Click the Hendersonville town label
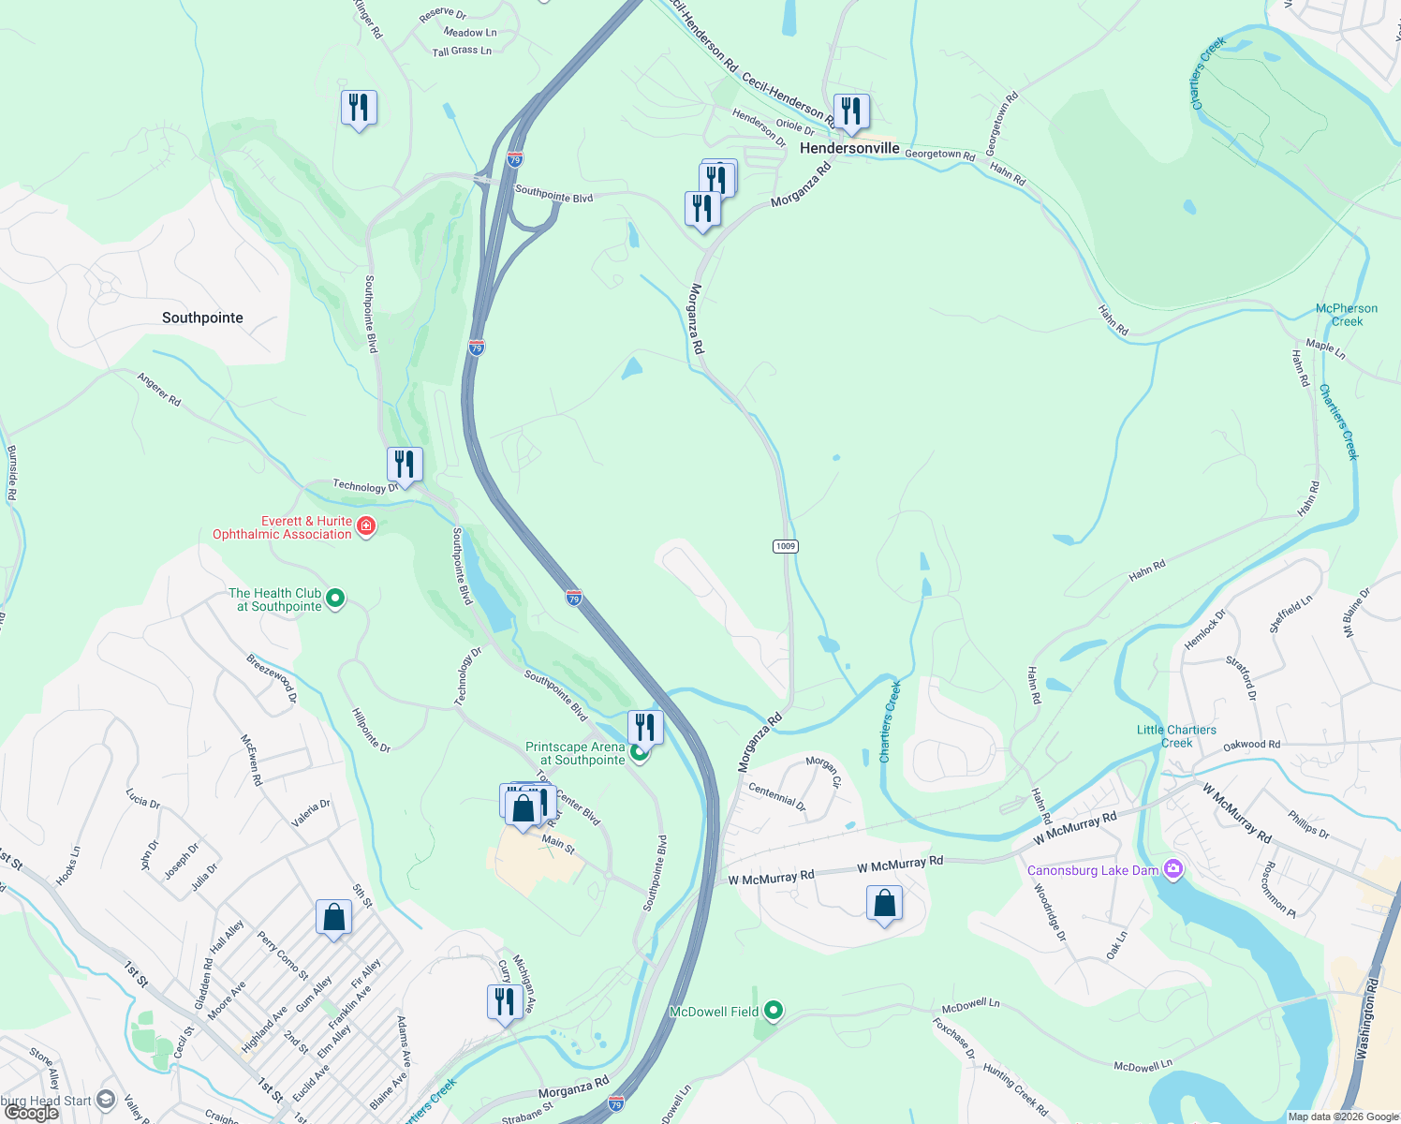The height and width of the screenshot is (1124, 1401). click(x=849, y=148)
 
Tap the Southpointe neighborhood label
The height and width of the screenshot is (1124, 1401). click(x=202, y=318)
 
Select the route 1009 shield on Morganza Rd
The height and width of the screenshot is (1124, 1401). click(x=786, y=546)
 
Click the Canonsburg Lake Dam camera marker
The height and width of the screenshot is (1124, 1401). click(x=1173, y=870)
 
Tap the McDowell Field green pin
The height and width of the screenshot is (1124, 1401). click(x=774, y=1011)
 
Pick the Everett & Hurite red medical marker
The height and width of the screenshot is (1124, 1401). click(x=366, y=526)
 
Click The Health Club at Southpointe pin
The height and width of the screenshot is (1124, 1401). click(x=335, y=599)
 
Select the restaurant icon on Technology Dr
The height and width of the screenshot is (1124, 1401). click(x=405, y=464)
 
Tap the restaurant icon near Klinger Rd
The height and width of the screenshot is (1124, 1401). click(x=359, y=108)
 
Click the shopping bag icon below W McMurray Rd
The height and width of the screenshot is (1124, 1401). click(x=885, y=903)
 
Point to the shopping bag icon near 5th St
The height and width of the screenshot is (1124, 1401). click(x=333, y=917)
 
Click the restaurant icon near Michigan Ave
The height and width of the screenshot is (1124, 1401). click(x=505, y=1001)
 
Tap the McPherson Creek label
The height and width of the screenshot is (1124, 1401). click(x=1347, y=315)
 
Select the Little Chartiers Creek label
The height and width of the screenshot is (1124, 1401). click(x=1176, y=736)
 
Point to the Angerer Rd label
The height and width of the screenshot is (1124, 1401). click(x=159, y=389)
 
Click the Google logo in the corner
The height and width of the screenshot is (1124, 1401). click(x=31, y=1112)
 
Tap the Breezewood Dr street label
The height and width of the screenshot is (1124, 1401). click(x=272, y=678)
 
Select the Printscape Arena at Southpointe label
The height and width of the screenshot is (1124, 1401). click(x=575, y=753)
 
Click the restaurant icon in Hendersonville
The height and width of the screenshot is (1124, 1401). click(x=851, y=111)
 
